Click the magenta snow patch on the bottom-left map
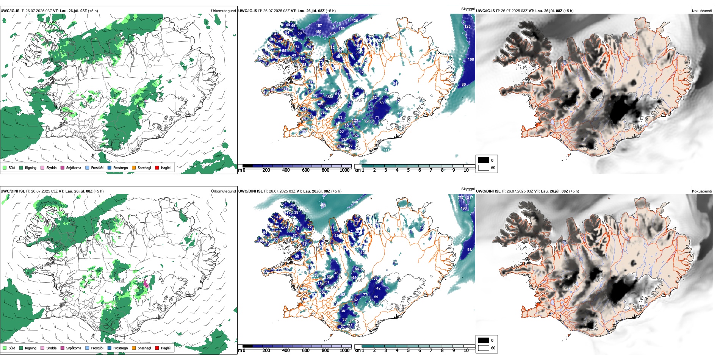(x=146, y=284)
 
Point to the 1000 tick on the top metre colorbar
(x=344, y=170)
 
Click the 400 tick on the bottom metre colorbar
(x=286, y=351)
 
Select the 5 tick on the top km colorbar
(x=408, y=170)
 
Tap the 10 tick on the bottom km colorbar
(x=466, y=351)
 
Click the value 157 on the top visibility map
(x=319, y=26)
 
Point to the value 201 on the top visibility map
(x=332, y=33)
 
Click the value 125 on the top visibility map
(x=468, y=27)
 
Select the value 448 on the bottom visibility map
(x=355, y=202)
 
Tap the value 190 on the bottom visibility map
(x=464, y=208)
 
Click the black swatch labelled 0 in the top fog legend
(x=484, y=160)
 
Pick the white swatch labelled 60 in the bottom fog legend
(x=484, y=348)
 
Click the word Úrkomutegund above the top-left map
(x=223, y=11)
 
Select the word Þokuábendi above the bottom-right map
(x=702, y=191)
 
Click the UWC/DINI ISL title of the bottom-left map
(x=13, y=191)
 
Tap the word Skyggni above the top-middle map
(x=468, y=9)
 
